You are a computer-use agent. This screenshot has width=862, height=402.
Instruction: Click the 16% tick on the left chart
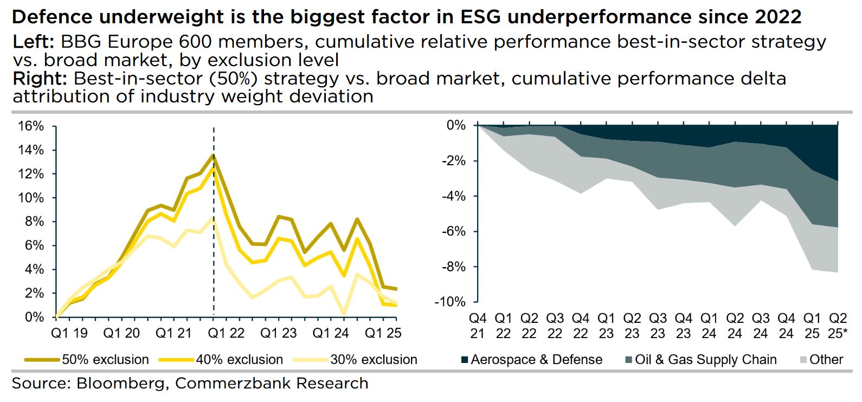pyautogui.click(x=31, y=126)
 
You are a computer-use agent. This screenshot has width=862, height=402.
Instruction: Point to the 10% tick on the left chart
pyautogui.click(x=31, y=198)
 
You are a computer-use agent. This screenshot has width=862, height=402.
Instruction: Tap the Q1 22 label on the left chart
pyautogui.click(x=226, y=333)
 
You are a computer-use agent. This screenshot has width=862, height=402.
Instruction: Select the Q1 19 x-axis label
pyautogui.click(x=69, y=333)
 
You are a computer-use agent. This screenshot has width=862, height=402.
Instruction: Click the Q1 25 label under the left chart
pyautogui.click(x=383, y=333)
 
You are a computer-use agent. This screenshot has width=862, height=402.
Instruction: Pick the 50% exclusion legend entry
pyautogui.click(x=87, y=359)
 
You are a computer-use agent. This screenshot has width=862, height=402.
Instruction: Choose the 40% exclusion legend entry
pyautogui.click(x=221, y=359)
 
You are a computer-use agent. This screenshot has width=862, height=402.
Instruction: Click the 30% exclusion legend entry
pyautogui.click(x=355, y=359)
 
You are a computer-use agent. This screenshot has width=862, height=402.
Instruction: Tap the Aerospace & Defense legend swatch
pyautogui.click(x=465, y=360)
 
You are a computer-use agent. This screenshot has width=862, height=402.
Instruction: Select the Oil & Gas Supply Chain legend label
pyautogui.click(x=705, y=359)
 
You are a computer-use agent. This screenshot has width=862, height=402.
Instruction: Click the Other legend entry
pyautogui.click(x=821, y=359)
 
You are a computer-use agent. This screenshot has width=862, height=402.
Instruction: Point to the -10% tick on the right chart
pyautogui.click(x=450, y=302)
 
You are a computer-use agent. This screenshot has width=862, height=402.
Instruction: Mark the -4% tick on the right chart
pyautogui.click(x=453, y=196)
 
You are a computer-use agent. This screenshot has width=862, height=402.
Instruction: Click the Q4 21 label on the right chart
pyautogui.click(x=478, y=326)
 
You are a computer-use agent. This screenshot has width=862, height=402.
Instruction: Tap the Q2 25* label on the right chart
pyautogui.click(x=838, y=326)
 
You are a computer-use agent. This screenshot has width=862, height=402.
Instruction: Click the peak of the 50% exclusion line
pyautogui.click(x=214, y=155)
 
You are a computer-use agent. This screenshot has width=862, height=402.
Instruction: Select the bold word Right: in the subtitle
pyautogui.click(x=40, y=79)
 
